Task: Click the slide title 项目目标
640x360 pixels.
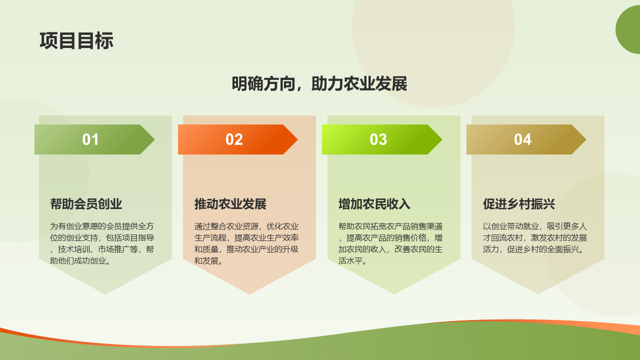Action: tap(76, 41)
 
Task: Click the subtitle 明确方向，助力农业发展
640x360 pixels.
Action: tap(319, 84)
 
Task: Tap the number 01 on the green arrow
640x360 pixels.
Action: tap(90, 139)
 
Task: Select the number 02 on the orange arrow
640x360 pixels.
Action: tap(234, 139)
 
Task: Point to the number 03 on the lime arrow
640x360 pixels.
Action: tap(378, 139)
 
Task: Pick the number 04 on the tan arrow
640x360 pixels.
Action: tap(522, 139)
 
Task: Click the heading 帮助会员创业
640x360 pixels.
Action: tap(86, 204)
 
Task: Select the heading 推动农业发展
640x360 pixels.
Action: tap(230, 204)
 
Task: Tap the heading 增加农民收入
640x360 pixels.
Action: tap(374, 204)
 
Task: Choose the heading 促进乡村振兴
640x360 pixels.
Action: tap(519, 204)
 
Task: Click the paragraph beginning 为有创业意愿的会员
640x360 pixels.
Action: tap(102, 243)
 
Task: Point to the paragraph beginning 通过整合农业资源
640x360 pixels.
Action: tap(246, 243)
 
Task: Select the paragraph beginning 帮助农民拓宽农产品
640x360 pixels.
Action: tap(390, 243)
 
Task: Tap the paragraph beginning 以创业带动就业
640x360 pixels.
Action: tap(535, 237)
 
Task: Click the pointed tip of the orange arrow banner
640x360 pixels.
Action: tap(297, 139)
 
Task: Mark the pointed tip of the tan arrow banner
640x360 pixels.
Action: tap(586, 139)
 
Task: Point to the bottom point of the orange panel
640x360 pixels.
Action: tap(249, 294)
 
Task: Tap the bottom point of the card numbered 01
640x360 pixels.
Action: tap(105, 294)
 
